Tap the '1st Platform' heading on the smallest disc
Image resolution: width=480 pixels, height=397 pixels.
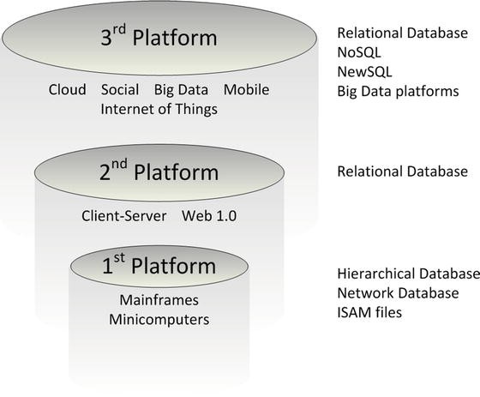click(160, 269)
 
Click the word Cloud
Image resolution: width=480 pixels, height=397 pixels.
click(67, 90)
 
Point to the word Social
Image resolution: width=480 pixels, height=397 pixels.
click(120, 90)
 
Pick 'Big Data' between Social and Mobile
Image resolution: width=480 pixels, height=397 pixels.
click(181, 90)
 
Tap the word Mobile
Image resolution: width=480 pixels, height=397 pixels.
click(247, 90)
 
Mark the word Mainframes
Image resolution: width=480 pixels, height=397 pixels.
click(159, 301)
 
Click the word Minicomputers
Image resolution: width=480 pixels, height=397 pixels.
click(159, 320)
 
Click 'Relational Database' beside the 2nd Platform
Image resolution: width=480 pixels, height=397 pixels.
click(402, 171)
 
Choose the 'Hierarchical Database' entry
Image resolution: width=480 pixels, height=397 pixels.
click(407, 274)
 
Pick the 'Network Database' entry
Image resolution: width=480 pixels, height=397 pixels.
click(398, 293)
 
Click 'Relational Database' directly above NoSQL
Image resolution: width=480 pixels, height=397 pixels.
click(402, 34)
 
